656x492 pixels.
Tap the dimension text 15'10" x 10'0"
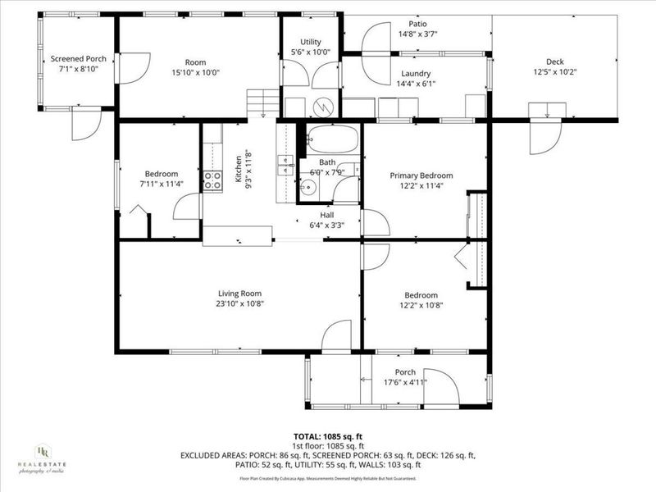point(195,72)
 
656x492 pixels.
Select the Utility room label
point(310,42)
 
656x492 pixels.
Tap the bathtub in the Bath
point(333,139)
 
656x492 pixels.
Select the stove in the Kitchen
point(213,180)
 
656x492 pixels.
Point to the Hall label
point(326,215)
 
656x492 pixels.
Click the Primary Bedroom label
point(421,175)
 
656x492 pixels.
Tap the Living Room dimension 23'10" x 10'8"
point(239,304)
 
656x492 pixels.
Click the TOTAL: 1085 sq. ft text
point(327,437)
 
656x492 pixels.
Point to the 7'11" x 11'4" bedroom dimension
point(162,184)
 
